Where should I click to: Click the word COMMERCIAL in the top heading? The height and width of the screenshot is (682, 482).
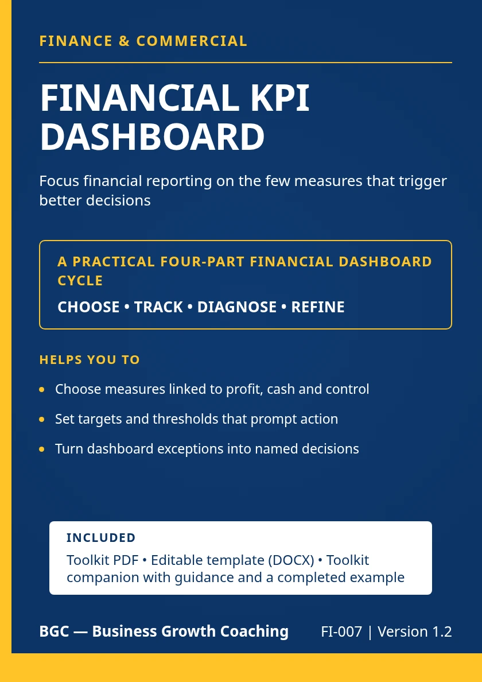pyautogui.click(x=192, y=41)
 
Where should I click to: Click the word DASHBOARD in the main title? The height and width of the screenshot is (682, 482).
pyautogui.click(x=152, y=137)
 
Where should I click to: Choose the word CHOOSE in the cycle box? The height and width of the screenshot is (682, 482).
pyautogui.click(x=89, y=307)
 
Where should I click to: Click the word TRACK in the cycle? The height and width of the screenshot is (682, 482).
pyautogui.click(x=158, y=307)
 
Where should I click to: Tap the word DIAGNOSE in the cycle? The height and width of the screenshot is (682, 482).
pyautogui.click(x=237, y=307)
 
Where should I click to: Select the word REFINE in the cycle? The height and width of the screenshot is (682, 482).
pyautogui.click(x=318, y=307)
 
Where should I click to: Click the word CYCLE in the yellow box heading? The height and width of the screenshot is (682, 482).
pyautogui.click(x=80, y=281)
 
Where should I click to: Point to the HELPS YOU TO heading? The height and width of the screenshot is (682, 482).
pyautogui.click(x=90, y=360)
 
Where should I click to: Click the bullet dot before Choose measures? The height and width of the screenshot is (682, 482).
pyautogui.click(x=42, y=390)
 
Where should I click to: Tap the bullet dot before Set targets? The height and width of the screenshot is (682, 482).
pyautogui.click(x=42, y=420)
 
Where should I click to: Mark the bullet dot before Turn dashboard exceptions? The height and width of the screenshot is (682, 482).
pyautogui.click(x=42, y=449)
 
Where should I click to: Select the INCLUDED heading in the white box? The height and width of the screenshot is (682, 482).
pyautogui.click(x=101, y=537)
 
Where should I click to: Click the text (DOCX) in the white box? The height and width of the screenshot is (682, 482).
pyautogui.click(x=291, y=560)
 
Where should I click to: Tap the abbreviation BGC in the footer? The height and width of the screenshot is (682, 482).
pyautogui.click(x=55, y=631)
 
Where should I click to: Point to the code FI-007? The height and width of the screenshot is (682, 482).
pyautogui.click(x=341, y=631)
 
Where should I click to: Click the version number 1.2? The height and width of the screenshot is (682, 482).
pyautogui.click(x=443, y=631)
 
